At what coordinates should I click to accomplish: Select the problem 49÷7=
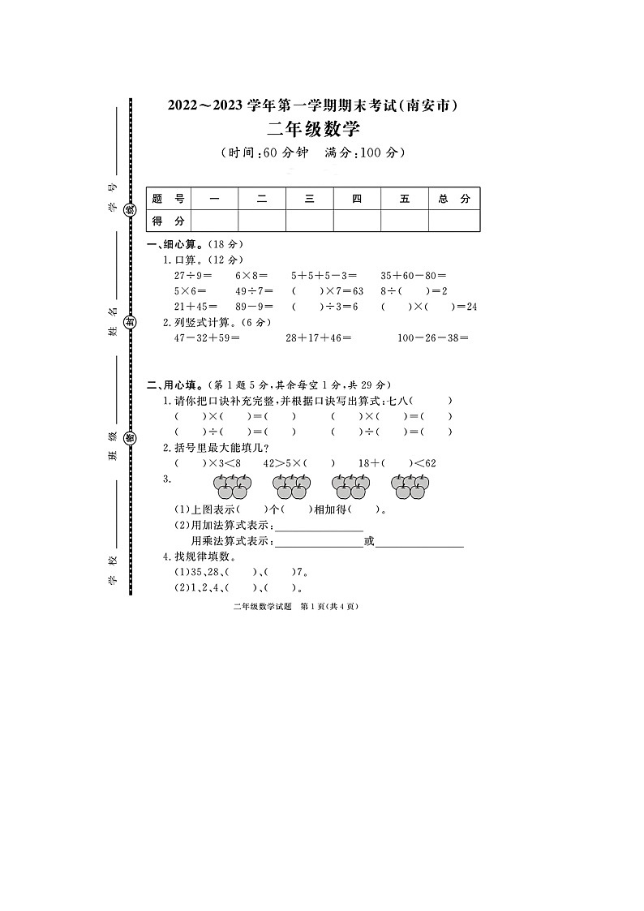pyautogui.click(x=255, y=290)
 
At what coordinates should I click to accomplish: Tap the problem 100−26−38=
pyautogui.click(x=434, y=337)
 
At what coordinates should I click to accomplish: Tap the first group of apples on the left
pyautogui.click(x=232, y=487)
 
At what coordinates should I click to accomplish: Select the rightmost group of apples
pyautogui.click(x=410, y=487)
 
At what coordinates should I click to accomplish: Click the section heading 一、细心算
pyautogui.click(x=172, y=245)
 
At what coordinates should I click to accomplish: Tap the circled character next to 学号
pyautogui.click(x=130, y=209)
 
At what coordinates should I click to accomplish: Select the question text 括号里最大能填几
pyautogui.click(x=217, y=448)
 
